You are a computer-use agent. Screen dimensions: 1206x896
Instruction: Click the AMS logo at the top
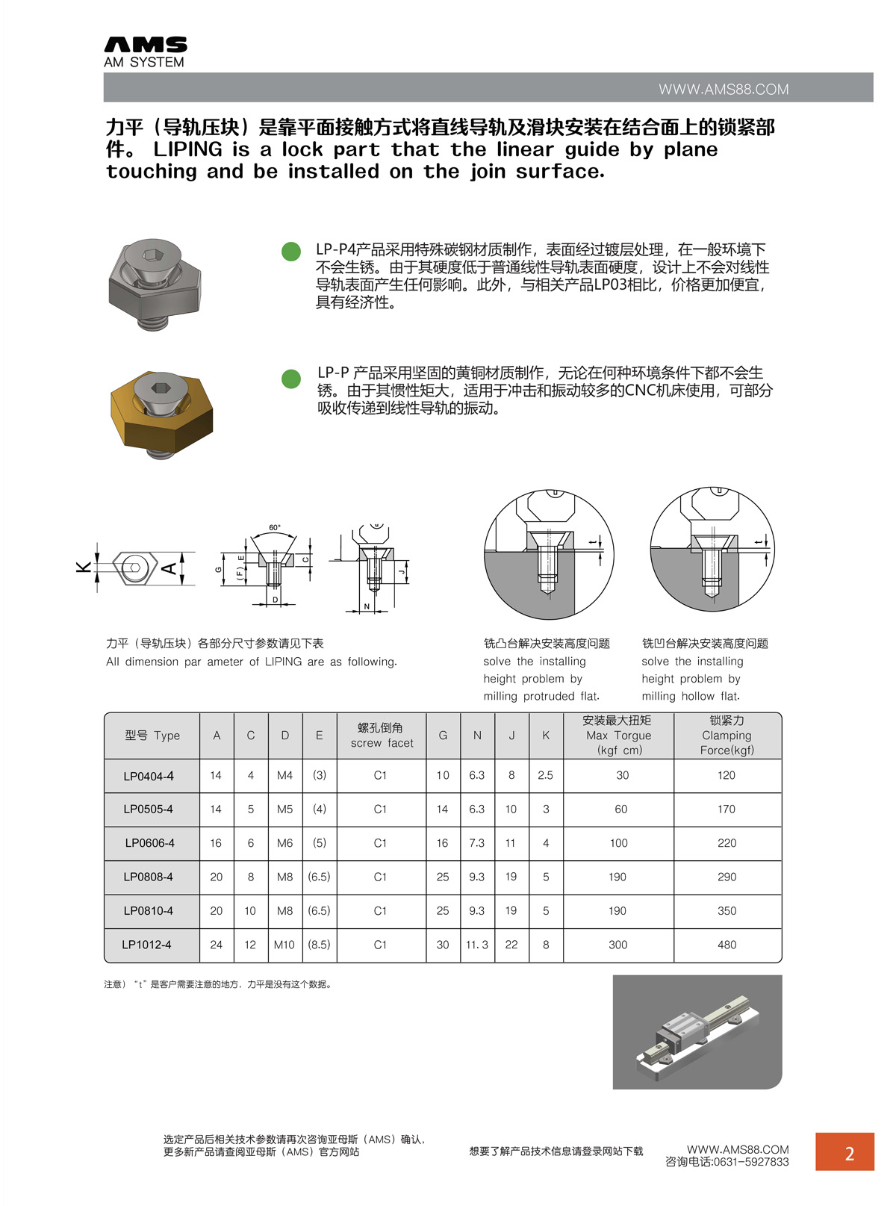pos(146,52)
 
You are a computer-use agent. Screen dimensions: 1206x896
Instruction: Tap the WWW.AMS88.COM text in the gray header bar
pos(723,90)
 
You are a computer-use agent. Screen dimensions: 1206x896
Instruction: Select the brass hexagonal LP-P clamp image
pos(161,410)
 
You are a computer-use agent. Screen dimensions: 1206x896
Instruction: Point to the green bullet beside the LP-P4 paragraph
pos(291,252)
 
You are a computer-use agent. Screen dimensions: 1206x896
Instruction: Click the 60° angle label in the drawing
pos(275,528)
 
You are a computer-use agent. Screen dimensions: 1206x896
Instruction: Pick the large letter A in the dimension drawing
pos(169,568)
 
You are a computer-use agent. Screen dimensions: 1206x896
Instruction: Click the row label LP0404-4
pos(149,776)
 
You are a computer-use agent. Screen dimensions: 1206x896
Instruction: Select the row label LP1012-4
pos(146,945)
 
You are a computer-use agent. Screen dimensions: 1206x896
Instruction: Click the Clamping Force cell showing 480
pos(727,945)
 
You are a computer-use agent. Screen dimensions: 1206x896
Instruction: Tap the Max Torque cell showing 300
pos(617,945)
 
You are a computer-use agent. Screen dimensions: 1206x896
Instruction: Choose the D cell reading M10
pos(284,945)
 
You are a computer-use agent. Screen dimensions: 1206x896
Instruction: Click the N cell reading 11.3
pos(476,945)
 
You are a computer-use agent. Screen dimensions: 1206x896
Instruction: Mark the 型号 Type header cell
pos(152,736)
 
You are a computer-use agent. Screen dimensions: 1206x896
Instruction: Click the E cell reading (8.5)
pos(319,945)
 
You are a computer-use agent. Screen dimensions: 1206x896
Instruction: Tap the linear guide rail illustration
pos(696,1031)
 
